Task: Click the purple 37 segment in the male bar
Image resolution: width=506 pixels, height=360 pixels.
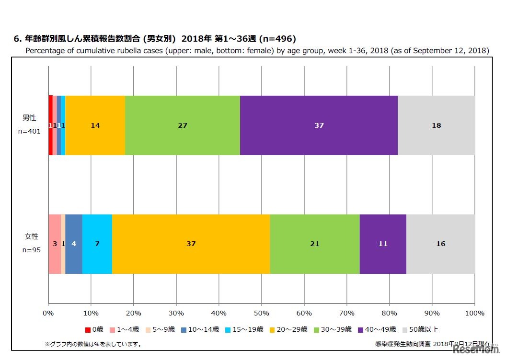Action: coord(319,125)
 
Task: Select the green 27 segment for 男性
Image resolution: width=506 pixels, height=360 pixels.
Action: coord(182,125)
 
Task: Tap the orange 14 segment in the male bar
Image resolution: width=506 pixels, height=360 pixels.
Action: coord(95,125)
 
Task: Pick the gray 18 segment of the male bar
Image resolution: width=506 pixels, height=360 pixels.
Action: coord(436,125)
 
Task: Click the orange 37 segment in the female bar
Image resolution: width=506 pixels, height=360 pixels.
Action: coord(191,244)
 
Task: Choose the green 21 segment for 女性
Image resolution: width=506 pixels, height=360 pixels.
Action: coord(314,244)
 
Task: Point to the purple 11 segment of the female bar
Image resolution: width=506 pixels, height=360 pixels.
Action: coord(382,244)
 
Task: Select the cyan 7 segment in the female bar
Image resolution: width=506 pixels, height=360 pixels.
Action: coord(97,244)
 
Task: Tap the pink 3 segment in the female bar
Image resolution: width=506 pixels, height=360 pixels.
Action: coord(55,244)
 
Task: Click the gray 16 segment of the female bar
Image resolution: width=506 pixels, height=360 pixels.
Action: coord(440,244)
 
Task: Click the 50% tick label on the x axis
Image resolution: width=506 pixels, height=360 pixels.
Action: coord(261,313)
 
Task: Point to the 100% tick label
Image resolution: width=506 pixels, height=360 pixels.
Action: coord(474,313)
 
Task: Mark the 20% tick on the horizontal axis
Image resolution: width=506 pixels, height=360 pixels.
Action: coord(133,313)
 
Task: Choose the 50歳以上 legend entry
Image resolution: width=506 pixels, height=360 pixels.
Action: coord(421,329)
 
